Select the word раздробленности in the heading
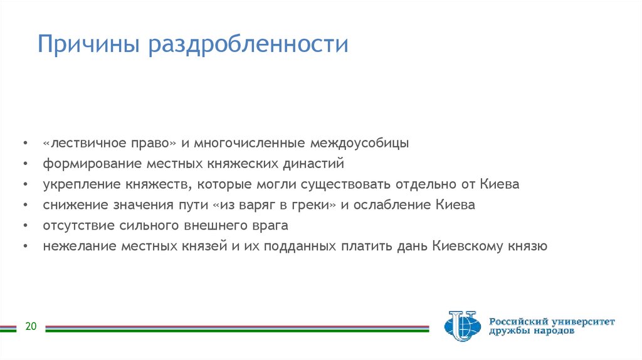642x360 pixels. click(x=248, y=46)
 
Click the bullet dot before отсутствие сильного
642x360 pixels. click(x=24, y=226)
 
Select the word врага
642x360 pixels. click(x=269, y=226)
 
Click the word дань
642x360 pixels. click(x=412, y=246)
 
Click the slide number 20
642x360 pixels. click(x=31, y=326)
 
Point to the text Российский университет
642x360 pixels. click(x=552, y=321)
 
